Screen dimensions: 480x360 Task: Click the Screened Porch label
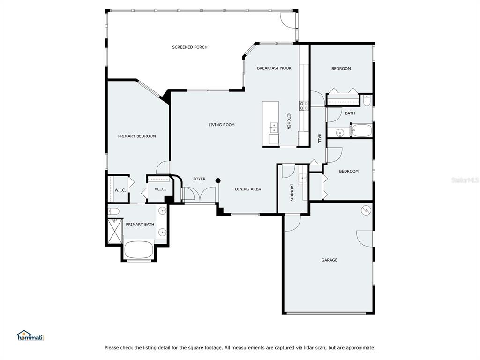[x=190, y=47]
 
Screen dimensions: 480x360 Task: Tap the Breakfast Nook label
[x=274, y=68]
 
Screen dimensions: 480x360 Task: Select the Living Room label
[x=222, y=125]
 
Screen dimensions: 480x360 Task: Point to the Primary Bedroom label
[x=137, y=136]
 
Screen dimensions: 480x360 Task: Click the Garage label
[x=330, y=260]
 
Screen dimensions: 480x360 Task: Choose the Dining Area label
[x=248, y=189]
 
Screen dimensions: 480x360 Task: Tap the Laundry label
[x=292, y=192]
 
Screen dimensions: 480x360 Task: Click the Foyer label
[x=199, y=179]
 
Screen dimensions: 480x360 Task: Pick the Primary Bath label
[x=140, y=225]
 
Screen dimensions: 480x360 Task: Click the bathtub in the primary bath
[x=139, y=250]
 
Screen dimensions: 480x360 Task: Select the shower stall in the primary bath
[x=115, y=231]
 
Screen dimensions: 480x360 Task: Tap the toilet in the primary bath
[x=114, y=211]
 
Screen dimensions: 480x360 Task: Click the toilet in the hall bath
[x=367, y=100]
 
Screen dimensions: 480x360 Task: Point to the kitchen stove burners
[x=304, y=106]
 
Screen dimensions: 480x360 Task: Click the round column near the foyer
[x=218, y=180]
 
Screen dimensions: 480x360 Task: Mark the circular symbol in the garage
[x=366, y=210]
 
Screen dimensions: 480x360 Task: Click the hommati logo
[x=30, y=336]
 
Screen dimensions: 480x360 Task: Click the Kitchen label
[x=288, y=121]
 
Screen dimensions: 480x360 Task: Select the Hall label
[x=319, y=138]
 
